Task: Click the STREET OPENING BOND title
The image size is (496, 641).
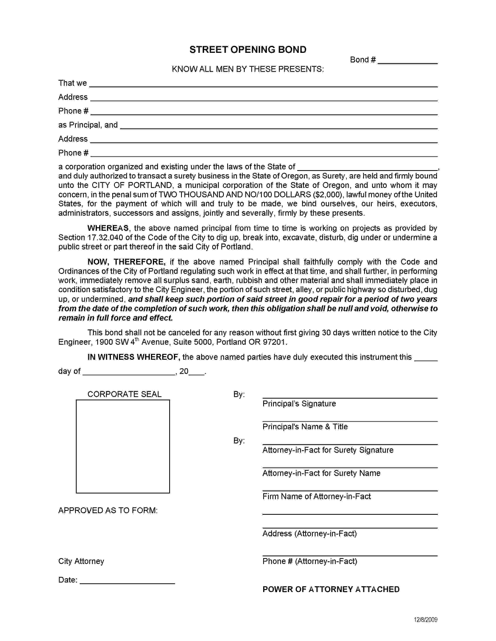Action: click(248, 50)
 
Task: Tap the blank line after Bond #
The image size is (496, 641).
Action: click(407, 61)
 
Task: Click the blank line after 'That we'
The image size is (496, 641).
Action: click(263, 84)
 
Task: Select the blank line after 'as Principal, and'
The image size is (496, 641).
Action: click(279, 126)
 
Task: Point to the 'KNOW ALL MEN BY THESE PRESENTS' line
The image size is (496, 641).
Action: click(248, 69)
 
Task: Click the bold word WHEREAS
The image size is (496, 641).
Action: click(108, 228)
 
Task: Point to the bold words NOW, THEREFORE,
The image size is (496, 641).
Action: click(126, 262)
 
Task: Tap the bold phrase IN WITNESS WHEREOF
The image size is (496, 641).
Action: click(134, 357)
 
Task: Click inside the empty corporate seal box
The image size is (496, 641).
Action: click(123, 446)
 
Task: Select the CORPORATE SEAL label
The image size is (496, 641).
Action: click(124, 394)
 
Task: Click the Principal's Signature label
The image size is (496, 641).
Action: click(299, 404)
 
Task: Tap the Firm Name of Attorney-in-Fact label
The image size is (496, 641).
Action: click(316, 496)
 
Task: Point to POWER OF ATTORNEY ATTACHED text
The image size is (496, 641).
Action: click(331, 589)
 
